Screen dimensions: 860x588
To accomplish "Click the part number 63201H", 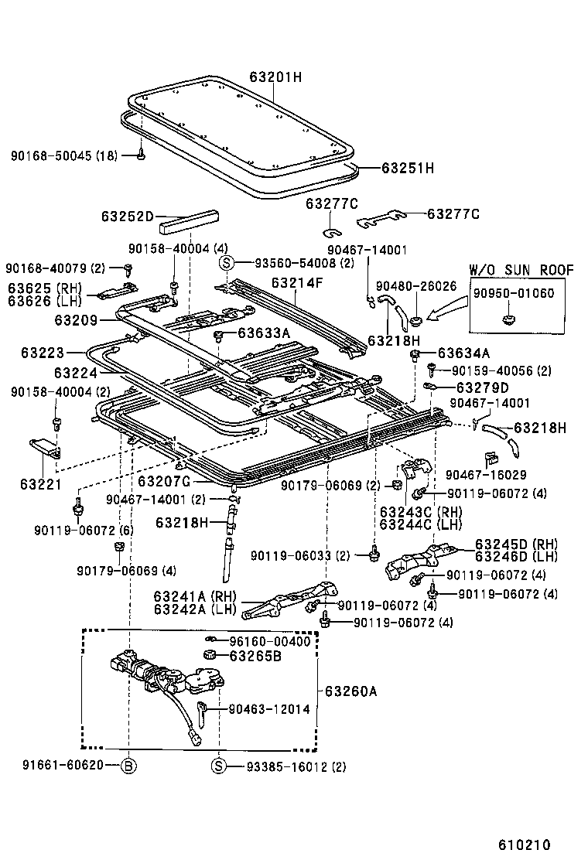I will click(x=275, y=77).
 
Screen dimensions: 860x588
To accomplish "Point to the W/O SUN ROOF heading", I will click(x=521, y=270).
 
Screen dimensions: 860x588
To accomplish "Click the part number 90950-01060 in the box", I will click(x=514, y=293).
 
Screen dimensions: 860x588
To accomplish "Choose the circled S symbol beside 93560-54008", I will click(x=227, y=262).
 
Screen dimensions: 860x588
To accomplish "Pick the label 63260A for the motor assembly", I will click(x=350, y=691).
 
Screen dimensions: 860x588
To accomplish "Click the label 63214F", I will click(x=296, y=283).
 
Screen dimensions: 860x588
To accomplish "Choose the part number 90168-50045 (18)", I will click(x=64, y=155).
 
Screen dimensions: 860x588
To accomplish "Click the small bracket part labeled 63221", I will click(x=44, y=446).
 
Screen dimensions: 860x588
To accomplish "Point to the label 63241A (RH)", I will click(x=194, y=596).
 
